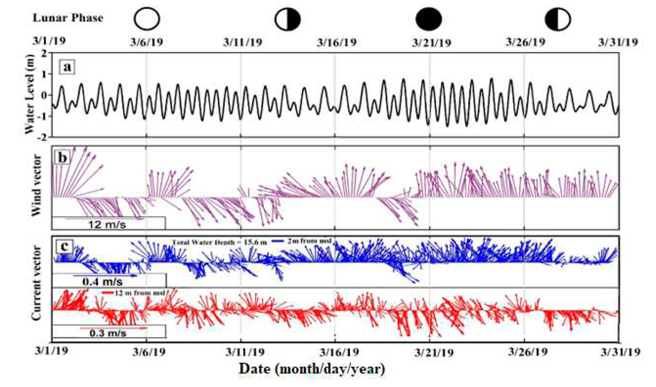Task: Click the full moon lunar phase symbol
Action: (x=147, y=19)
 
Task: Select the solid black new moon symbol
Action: (x=429, y=19)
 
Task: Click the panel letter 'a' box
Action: (x=67, y=67)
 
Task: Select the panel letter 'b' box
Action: (x=62, y=158)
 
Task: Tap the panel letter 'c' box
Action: (x=64, y=246)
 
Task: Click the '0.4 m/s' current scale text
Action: (x=102, y=282)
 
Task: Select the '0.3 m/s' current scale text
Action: (x=108, y=333)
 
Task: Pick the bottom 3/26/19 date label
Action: (x=527, y=352)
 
